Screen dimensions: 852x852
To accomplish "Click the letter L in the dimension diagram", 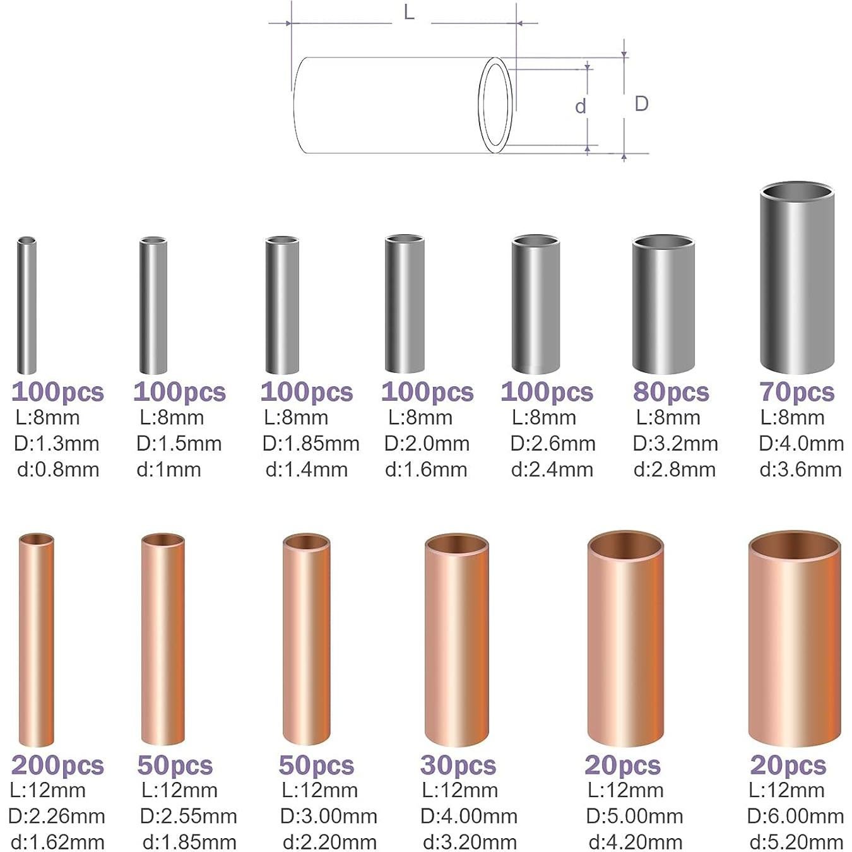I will click(x=409, y=11).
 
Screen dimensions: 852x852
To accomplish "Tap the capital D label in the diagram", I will click(x=641, y=104).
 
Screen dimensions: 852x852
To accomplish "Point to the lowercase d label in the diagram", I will click(x=581, y=106).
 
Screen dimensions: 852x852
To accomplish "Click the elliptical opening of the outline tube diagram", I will click(x=495, y=105).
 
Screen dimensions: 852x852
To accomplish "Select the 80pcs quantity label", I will click(x=671, y=392).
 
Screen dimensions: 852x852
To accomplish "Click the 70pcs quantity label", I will click(x=796, y=392).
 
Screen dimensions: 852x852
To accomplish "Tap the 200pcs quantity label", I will click(x=57, y=765).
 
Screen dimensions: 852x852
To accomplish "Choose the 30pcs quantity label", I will click(x=458, y=765).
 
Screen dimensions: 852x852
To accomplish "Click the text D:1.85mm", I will click(x=311, y=444).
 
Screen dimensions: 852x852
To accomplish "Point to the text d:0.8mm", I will click(x=58, y=470).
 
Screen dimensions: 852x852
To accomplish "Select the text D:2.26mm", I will click(x=57, y=816).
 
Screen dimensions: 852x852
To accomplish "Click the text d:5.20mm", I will click(x=796, y=842).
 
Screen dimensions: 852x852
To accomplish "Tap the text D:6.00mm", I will click(x=795, y=816).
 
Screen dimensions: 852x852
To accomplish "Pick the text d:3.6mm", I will click(x=800, y=470).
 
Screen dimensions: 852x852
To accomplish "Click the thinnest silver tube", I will click(x=27, y=306).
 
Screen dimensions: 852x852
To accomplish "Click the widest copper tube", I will click(x=795, y=639).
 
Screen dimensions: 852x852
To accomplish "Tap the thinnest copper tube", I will click(x=36, y=640).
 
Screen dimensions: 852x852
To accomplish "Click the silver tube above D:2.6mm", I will click(x=535, y=305).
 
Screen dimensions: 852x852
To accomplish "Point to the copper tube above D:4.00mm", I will click(x=457, y=640).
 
